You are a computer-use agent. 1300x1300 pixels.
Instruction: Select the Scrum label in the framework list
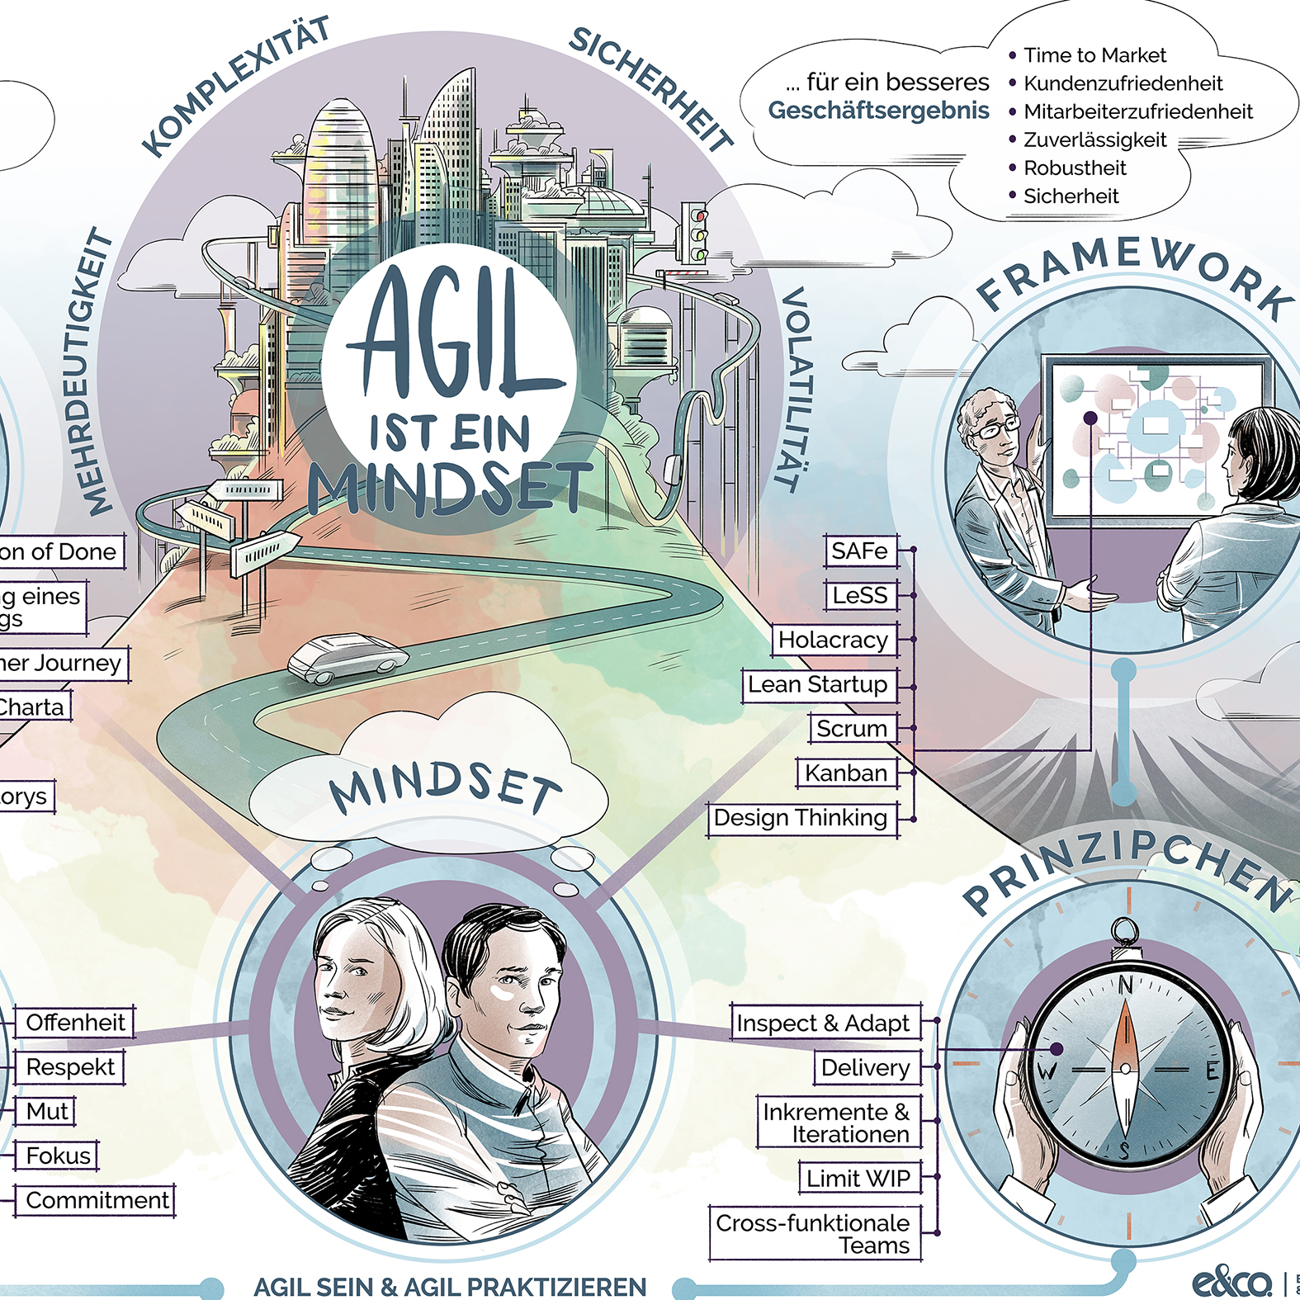(851, 729)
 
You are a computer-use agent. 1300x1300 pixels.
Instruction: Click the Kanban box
(846, 773)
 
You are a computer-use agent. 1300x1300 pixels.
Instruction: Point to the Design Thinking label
(800, 818)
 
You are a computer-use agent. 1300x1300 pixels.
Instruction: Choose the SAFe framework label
(859, 551)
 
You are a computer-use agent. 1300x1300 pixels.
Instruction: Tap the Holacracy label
(833, 640)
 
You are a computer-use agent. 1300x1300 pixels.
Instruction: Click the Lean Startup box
(817, 684)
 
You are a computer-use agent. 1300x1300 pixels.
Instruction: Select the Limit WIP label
(858, 1179)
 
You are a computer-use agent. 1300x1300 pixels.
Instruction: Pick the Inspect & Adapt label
(822, 1023)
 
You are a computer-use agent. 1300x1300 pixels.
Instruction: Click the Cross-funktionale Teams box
(813, 1234)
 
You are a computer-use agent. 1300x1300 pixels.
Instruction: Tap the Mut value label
(47, 1112)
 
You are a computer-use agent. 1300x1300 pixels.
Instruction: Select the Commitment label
(97, 1200)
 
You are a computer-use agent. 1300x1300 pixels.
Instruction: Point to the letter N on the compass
(1125, 985)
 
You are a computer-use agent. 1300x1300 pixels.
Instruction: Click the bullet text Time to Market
(1094, 55)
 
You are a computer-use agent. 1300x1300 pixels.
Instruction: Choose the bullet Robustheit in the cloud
(1075, 168)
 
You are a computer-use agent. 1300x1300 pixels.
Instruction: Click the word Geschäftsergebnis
(878, 111)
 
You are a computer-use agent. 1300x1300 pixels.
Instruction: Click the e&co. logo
(1231, 1282)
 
